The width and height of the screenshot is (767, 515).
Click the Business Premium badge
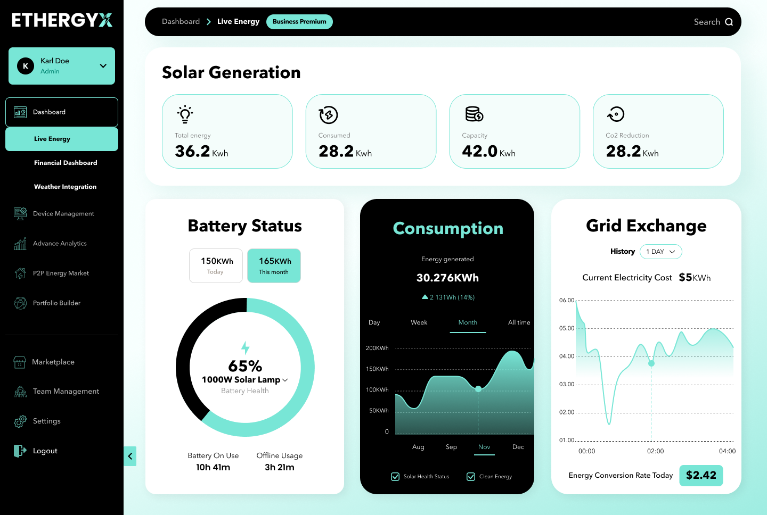(299, 21)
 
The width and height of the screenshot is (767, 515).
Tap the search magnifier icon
(729, 22)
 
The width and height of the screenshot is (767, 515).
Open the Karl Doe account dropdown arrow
(103, 65)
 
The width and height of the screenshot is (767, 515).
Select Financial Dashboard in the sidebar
(66, 163)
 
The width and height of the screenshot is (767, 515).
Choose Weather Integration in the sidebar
(65, 187)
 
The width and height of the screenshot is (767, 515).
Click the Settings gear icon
(20, 421)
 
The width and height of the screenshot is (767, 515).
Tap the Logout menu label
(45, 451)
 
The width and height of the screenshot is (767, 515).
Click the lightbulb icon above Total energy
(185, 114)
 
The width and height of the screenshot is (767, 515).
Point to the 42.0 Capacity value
(479, 151)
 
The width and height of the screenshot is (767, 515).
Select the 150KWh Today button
(216, 265)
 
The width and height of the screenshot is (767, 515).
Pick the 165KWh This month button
(274, 265)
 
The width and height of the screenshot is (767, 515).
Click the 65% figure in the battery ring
(245, 366)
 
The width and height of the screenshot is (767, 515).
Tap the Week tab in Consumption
(419, 322)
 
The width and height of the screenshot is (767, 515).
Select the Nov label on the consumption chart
(484, 447)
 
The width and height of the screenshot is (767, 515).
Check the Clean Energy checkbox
(471, 477)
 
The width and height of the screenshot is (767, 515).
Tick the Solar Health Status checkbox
(395, 477)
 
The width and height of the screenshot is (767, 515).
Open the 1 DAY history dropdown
(661, 252)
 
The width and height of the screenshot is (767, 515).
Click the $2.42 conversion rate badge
(701, 475)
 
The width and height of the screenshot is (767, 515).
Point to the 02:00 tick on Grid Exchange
(655, 451)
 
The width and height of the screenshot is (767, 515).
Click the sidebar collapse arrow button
(130, 456)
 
